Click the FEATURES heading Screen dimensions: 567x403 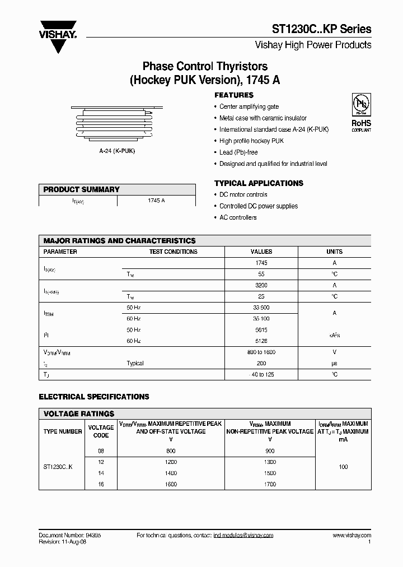point(234,95)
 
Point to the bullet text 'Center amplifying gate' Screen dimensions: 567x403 point(249,106)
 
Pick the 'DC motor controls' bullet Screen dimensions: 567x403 point(243,194)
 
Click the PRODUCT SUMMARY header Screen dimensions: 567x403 point(82,189)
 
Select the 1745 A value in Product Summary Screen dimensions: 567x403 point(156,201)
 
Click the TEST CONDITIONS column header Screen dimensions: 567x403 point(173,252)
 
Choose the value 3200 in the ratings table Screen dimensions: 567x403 point(261,285)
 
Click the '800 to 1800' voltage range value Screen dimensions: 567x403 point(261,352)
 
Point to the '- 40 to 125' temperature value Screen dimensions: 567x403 point(261,374)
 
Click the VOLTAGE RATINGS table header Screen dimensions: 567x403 point(79,413)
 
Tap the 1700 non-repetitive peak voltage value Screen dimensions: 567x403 point(269,484)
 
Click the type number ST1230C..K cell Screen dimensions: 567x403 point(61,467)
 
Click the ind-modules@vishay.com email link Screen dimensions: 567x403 point(243,536)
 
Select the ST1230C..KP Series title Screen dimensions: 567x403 point(321,29)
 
